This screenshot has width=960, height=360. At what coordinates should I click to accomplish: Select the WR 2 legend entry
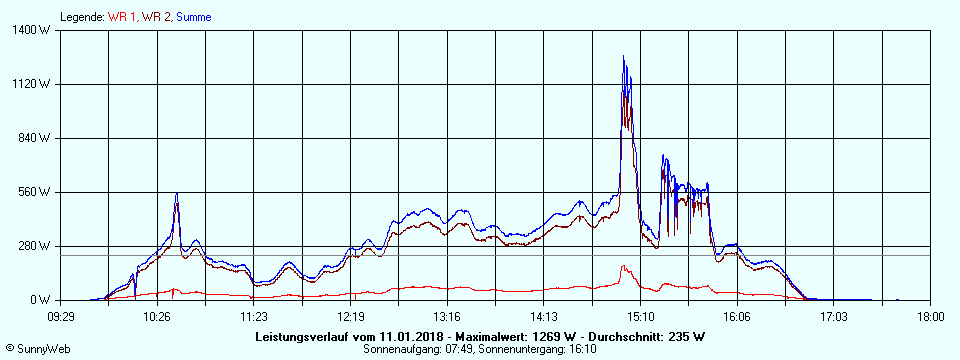coord(156,17)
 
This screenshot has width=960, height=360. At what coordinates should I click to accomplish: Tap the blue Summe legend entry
coord(194,17)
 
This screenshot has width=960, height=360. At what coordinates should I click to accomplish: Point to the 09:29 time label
coord(61,316)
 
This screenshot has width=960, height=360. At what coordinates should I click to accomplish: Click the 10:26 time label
coord(157,316)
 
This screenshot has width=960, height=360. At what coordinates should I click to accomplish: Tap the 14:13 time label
coord(544,316)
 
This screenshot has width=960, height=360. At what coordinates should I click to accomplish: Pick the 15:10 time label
coord(641,316)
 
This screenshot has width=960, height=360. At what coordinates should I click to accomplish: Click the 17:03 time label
coord(834,316)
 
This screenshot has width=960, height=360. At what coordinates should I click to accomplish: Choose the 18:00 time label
coord(930,316)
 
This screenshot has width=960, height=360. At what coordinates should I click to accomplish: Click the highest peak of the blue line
coord(624,56)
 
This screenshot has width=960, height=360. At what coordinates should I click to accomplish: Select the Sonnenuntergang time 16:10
coord(582,350)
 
